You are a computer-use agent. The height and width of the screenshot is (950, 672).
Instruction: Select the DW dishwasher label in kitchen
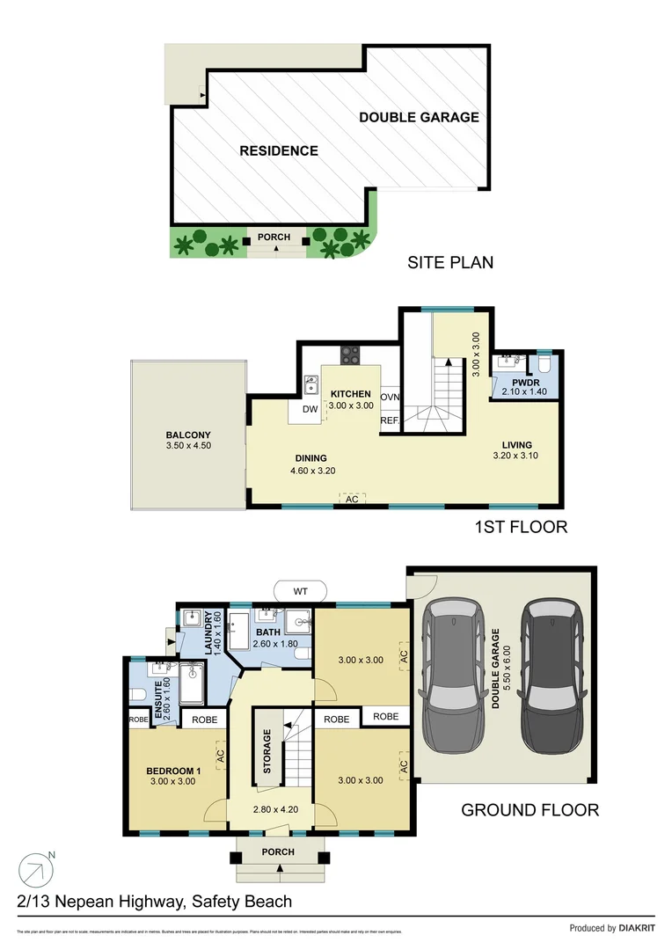pos(310,409)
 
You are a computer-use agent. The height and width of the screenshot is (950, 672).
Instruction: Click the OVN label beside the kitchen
pos(390,397)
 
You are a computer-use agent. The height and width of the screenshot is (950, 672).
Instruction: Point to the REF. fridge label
pos(390,420)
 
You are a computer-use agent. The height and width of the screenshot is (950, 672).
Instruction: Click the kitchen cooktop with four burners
pos(350,354)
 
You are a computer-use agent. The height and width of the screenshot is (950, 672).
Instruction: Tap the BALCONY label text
pos(188,435)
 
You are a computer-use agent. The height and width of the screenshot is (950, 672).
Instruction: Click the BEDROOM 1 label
pos(173,771)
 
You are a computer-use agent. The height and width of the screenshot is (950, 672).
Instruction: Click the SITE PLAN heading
pos(449,262)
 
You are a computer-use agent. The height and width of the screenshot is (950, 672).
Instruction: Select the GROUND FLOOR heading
pos(530,810)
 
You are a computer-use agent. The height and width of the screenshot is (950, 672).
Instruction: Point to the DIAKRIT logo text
pos(637,928)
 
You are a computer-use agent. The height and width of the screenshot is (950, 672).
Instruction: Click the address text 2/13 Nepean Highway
pos(154,902)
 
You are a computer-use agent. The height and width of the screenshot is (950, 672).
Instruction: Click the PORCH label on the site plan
pos(274,237)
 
